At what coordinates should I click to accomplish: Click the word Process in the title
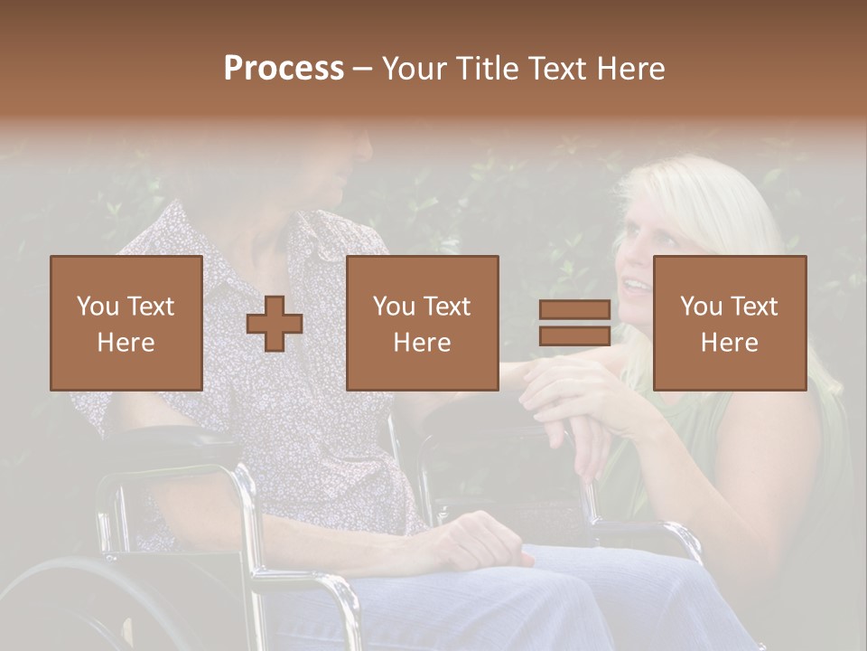pyautogui.click(x=284, y=68)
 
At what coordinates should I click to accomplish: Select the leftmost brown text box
pyautogui.click(x=126, y=323)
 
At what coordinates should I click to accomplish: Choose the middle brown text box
pyautogui.click(x=423, y=323)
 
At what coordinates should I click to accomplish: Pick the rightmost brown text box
pyautogui.click(x=730, y=323)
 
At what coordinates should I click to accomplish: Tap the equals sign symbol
pyautogui.click(x=574, y=324)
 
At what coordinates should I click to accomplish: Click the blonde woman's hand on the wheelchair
pyautogui.click(x=560, y=398)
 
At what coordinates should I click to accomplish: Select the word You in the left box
pyautogui.click(x=98, y=306)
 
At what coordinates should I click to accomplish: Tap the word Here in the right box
pyautogui.click(x=730, y=342)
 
